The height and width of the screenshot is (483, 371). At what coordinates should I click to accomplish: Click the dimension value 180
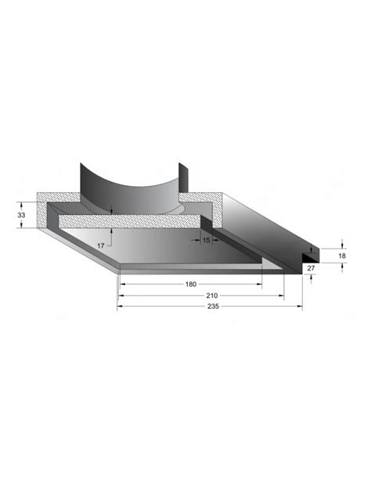coord(190,285)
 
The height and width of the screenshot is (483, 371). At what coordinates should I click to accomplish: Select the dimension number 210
coord(212,296)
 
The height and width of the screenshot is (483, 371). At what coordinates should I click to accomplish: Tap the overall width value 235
coord(213,307)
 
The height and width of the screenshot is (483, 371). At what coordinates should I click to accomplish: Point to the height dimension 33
coord(21,215)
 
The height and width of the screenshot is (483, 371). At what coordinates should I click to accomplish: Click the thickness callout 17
coord(100,246)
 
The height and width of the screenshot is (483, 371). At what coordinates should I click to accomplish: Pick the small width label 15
coord(207,240)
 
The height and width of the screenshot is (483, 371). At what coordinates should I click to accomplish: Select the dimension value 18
coord(342,256)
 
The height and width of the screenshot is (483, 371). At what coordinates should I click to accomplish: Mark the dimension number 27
coord(311,268)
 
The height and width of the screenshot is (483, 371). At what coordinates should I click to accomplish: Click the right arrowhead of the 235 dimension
coord(300,307)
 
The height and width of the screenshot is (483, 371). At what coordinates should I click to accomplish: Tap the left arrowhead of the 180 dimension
coord(123,285)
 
